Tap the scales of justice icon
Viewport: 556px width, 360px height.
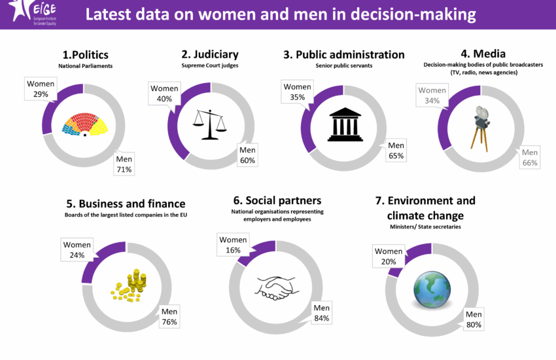(x=209, y=123)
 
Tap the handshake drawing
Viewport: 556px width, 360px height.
(x=274, y=287)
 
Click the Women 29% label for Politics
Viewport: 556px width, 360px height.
(x=41, y=88)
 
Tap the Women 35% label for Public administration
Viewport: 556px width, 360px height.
(x=297, y=92)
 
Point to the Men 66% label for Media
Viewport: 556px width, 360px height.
(x=530, y=158)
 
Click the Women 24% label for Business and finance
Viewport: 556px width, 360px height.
(x=77, y=250)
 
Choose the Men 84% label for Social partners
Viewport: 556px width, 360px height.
(x=321, y=313)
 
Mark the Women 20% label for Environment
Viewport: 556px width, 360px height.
(x=388, y=256)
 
